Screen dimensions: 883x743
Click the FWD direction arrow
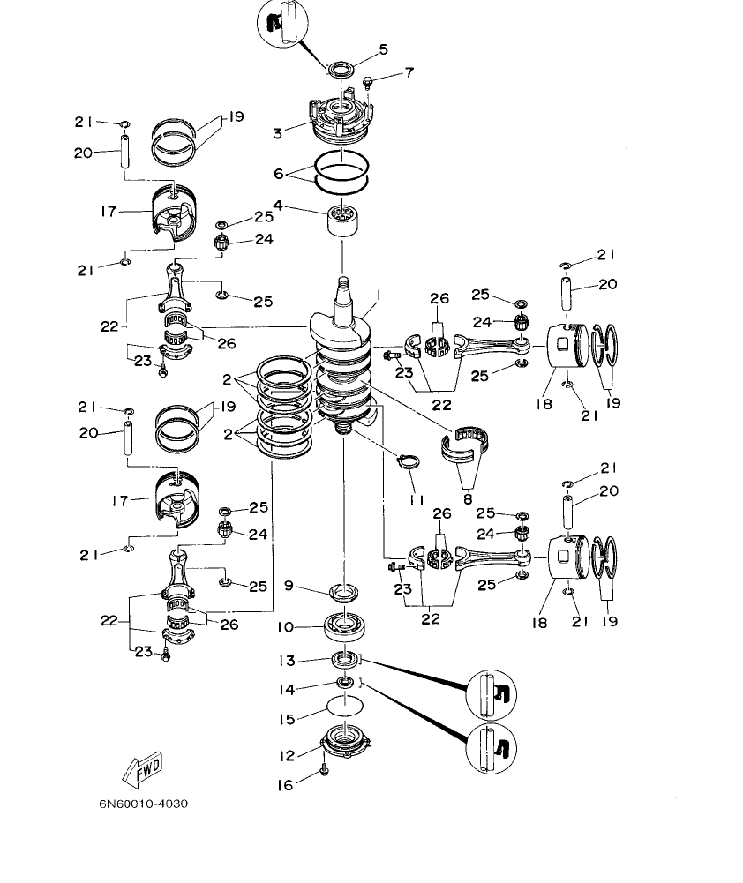(140, 770)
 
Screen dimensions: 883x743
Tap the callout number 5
(383, 50)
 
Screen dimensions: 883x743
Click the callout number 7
(409, 72)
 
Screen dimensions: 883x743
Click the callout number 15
(287, 719)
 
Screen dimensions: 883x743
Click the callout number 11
(417, 499)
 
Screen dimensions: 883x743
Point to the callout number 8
(468, 498)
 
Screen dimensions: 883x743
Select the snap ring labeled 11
(409, 459)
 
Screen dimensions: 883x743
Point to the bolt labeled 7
(368, 83)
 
